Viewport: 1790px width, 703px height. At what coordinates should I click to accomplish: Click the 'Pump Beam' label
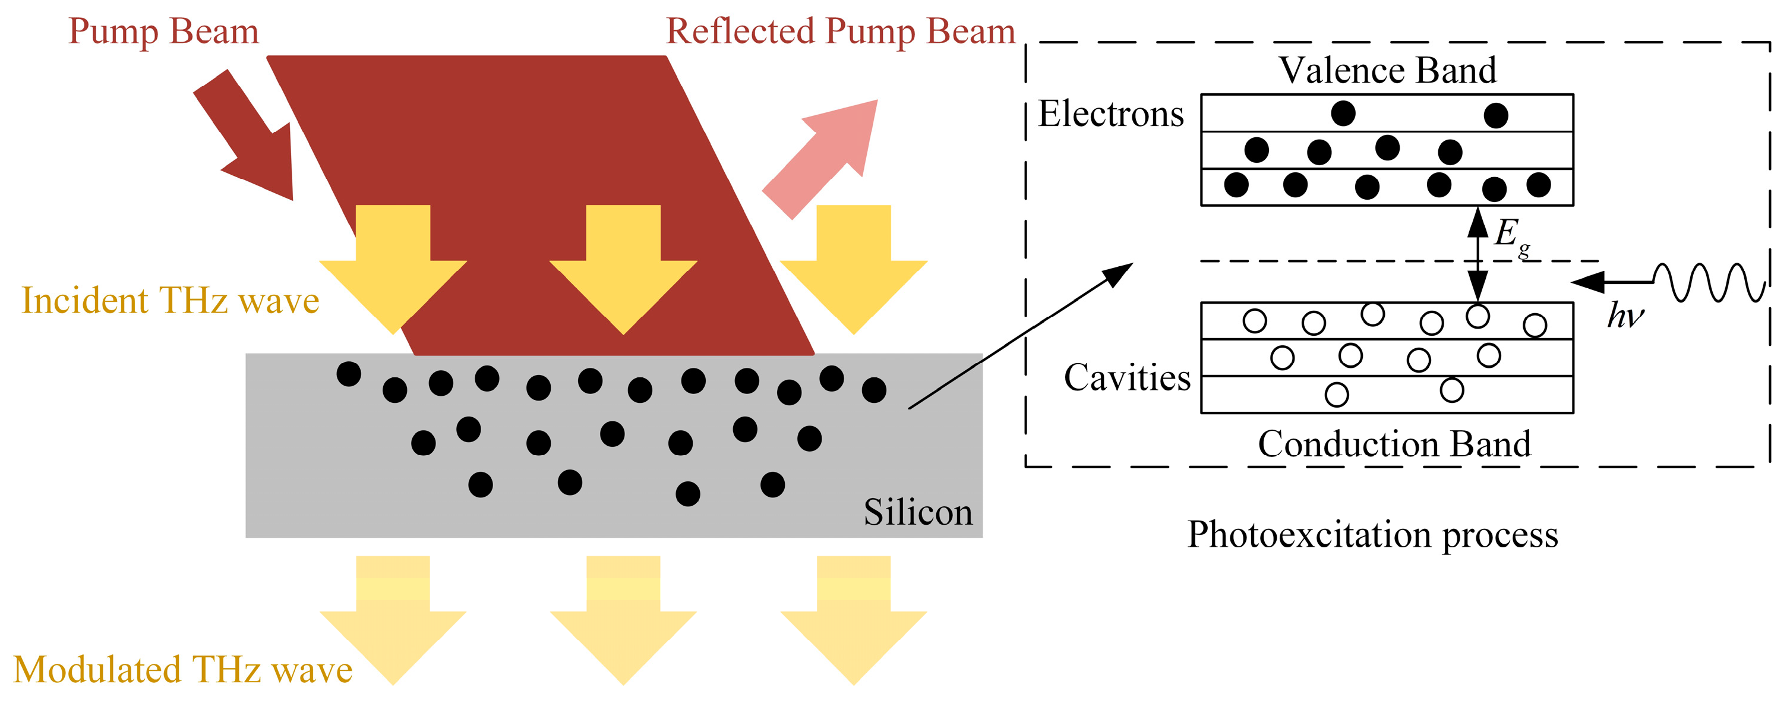[x=163, y=32]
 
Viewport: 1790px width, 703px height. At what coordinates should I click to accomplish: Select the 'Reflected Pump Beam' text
[x=840, y=32]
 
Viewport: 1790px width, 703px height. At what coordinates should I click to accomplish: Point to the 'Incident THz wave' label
[x=171, y=301]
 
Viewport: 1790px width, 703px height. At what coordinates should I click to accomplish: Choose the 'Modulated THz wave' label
[x=183, y=670]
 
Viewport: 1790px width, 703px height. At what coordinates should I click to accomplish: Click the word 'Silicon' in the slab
[x=917, y=512]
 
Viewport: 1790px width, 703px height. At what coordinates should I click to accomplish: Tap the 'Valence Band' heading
[x=1387, y=70]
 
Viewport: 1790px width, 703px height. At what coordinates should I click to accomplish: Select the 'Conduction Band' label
[x=1394, y=444]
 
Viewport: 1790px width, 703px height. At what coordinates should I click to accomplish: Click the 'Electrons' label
[x=1110, y=114]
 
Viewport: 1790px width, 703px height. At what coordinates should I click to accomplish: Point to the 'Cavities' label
[x=1127, y=377]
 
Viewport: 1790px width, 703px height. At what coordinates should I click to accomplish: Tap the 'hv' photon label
[x=1625, y=316]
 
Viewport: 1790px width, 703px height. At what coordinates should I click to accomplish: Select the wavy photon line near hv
[x=1709, y=282]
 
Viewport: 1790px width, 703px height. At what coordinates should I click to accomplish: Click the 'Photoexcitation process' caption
[x=1372, y=535]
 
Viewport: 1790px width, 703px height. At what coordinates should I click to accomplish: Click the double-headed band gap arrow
[x=1478, y=254]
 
